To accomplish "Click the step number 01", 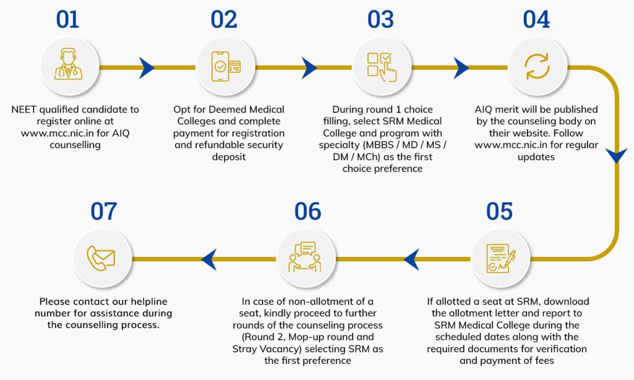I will (67, 20).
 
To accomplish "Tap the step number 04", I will (536, 20).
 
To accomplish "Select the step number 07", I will (103, 212).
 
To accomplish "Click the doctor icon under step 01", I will (67, 67).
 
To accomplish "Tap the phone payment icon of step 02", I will (224, 67).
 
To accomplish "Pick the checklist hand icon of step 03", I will (380, 67).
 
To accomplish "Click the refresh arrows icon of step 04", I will (536, 67).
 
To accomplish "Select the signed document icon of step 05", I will (500, 259).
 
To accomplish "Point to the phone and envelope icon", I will (103, 259).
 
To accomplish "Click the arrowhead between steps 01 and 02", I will (147, 67).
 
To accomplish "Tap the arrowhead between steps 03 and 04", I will (461, 67).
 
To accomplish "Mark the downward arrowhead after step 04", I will (616, 155).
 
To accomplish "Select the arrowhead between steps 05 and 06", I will (412, 259).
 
